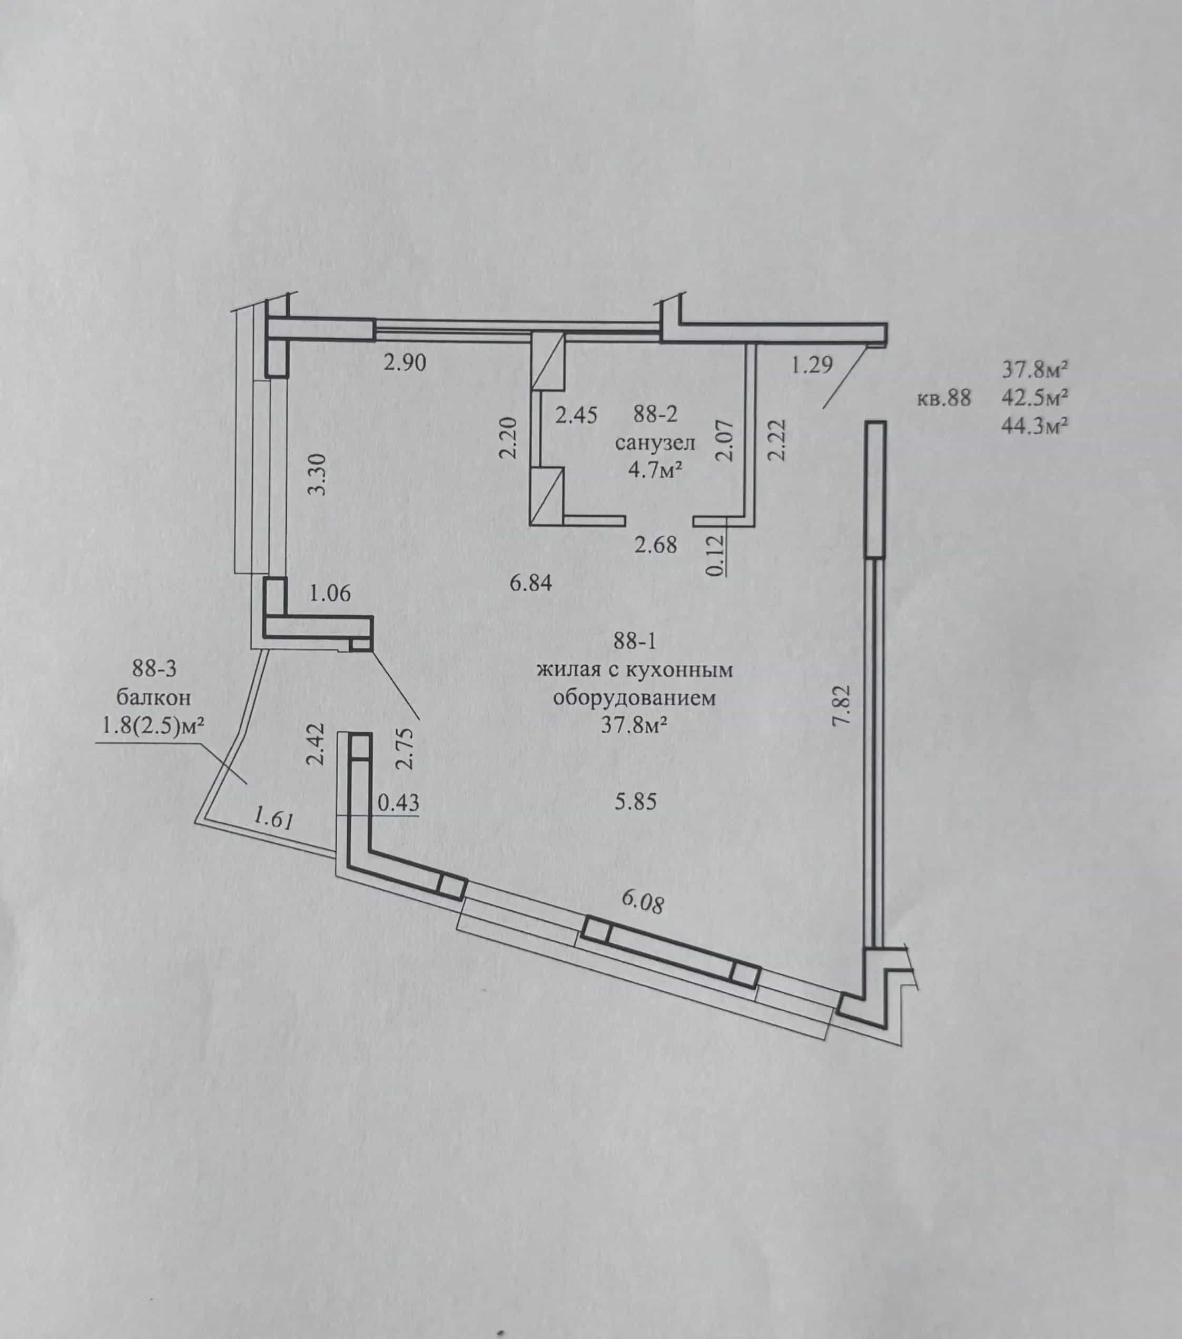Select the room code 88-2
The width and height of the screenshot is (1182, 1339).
pyautogui.click(x=655, y=414)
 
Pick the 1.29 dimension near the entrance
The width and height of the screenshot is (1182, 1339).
pyautogui.click(x=812, y=364)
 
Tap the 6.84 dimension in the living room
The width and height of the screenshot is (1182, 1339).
pyautogui.click(x=531, y=583)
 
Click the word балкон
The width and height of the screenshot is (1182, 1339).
pyautogui.click(x=155, y=697)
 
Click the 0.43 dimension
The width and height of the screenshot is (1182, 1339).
pyautogui.click(x=398, y=802)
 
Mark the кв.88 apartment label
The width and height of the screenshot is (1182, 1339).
pyautogui.click(x=943, y=398)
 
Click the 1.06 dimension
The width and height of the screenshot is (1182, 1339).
pyautogui.click(x=330, y=594)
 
